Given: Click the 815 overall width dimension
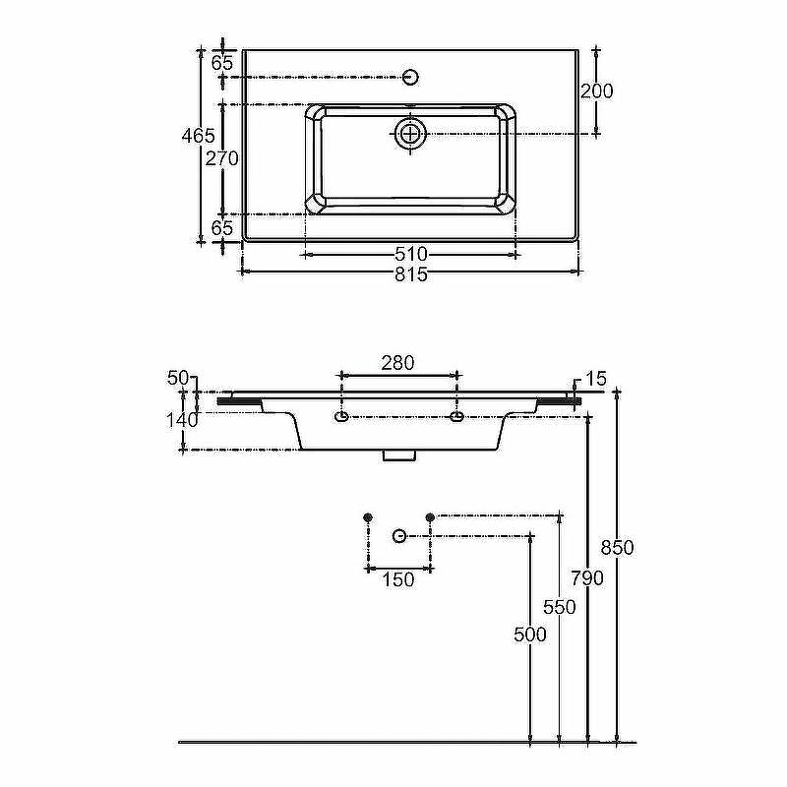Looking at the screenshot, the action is pos(411,274).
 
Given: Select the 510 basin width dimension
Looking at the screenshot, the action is pos(411,255).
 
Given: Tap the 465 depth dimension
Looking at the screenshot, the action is pos(199,136).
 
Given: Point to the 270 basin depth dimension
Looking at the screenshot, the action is pos(222,158).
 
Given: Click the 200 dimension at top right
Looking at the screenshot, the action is pos(597,91).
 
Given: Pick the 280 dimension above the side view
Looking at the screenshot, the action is pos(398,362).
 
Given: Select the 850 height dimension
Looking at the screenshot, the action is pos(618,547).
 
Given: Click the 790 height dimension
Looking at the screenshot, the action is pos(587,578).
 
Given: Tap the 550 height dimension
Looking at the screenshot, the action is pos(560,607).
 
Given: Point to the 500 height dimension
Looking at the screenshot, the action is pos(530,635).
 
